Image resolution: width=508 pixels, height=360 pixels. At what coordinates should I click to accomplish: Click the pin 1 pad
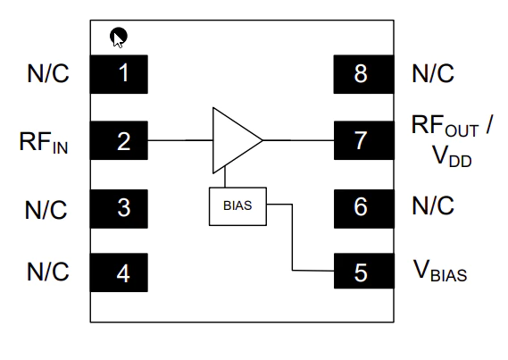pyautogui.click(x=119, y=74)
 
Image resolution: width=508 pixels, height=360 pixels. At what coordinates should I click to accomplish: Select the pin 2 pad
pyautogui.click(x=119, y=140)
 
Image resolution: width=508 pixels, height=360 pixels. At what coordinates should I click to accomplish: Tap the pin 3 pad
pyautogui.click(x=119, y=209)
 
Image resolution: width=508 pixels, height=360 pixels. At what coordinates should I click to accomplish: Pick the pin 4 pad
pyautogui.click(x=119, y=272)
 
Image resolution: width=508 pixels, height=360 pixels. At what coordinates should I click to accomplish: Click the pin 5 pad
pyautogui.click(x=364, y=271)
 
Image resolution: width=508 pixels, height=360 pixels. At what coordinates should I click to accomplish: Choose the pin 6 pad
pyautogui.click(x=364, y=209)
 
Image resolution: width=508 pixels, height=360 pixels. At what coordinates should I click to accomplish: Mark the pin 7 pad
pyautogui.click(x=364, y=140)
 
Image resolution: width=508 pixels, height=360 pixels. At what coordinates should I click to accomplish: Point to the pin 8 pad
pyautogui.click(x=364, y=74)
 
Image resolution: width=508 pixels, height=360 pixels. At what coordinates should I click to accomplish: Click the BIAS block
pyautogui.click(x=237, y=206)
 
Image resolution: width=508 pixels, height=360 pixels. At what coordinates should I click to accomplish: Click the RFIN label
pyautogui.click(x=44, y=142)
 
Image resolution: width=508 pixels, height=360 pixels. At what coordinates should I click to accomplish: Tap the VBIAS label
pyautogui.click(x=440, y=271)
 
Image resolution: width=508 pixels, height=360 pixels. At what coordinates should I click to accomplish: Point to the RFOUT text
pyautogui.click(x=445, y=126)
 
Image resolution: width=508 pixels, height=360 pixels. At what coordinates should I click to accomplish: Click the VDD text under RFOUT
pyautogui.click(x=452, y=156)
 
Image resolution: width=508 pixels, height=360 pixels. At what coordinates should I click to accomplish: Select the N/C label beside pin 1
pyautogui.click(x=48, y=73)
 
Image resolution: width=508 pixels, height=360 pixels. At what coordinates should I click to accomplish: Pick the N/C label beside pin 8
pyautogui.click(x=433, y=73)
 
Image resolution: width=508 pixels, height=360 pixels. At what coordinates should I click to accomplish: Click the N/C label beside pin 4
pyautogui.click(x=48, y=272)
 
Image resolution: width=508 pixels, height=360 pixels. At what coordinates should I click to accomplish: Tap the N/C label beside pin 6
pyautogui.click(x=433, y=205)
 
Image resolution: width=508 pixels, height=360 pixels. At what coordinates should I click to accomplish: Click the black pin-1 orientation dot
pyautogui.click(x=119, y=36)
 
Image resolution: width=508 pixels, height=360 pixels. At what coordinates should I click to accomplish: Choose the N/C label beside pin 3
pyautogui.click(x=46, y=210)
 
